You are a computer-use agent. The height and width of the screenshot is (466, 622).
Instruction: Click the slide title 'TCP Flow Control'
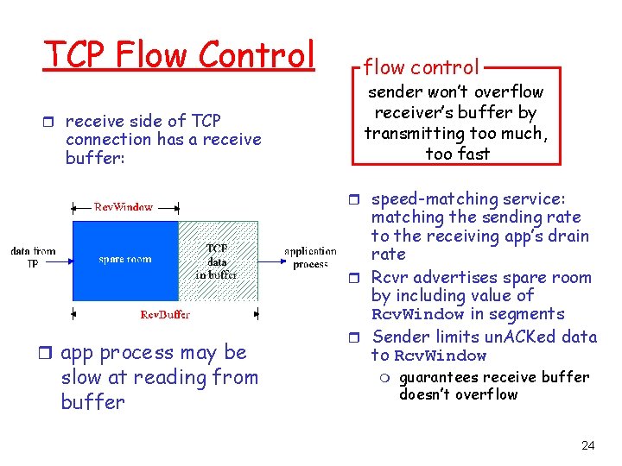click(x=179, y=54)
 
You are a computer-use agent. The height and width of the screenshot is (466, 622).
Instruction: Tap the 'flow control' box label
click(x=421, y=66)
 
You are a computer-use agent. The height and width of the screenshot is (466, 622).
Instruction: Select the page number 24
click(x=587, y=445)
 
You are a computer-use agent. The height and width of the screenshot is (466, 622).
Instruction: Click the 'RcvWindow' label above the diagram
click(x=124, y=207)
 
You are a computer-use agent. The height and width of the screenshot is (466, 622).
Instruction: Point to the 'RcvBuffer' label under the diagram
click(x=165, y=314)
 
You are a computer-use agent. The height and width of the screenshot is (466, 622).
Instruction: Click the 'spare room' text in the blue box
click(x=124, y=259)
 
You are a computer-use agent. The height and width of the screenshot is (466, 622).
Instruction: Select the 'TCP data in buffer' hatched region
click(x=218, y=261)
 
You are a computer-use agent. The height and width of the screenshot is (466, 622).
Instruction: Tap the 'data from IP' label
click(x=33, y=257)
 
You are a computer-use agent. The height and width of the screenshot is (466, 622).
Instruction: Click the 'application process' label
click(x=310, y=257)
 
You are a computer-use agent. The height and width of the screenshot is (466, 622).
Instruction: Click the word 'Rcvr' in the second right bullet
click(x=389, y=277)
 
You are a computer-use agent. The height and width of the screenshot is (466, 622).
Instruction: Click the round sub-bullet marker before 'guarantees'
click(x=386, y=377)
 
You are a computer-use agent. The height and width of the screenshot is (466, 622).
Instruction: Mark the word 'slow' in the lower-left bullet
click(x=83, y=377)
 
